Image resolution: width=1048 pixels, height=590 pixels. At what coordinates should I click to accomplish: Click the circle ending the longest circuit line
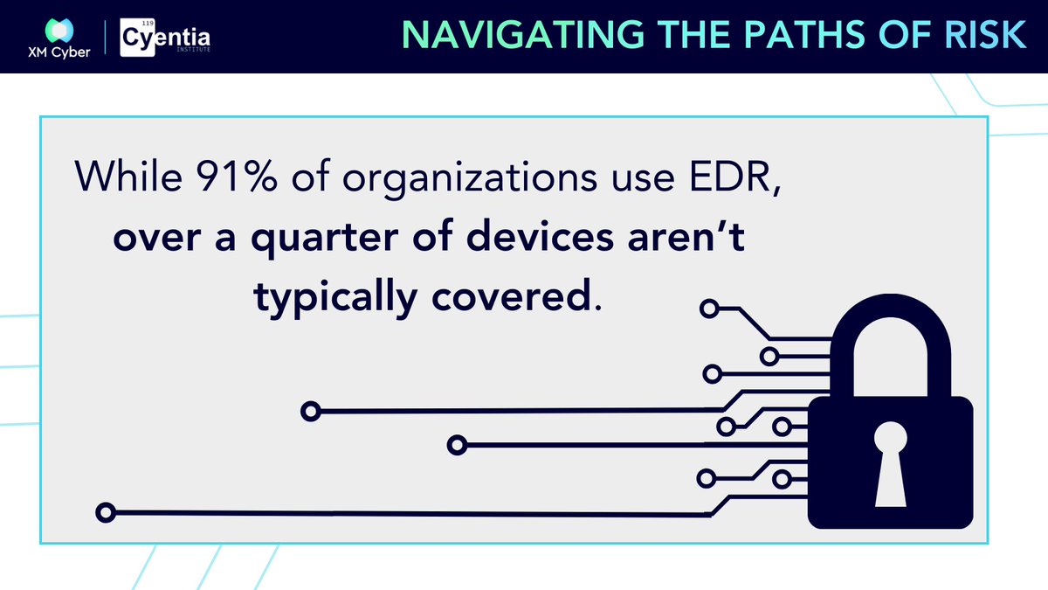pyautogui.click(x=106, y=512)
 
